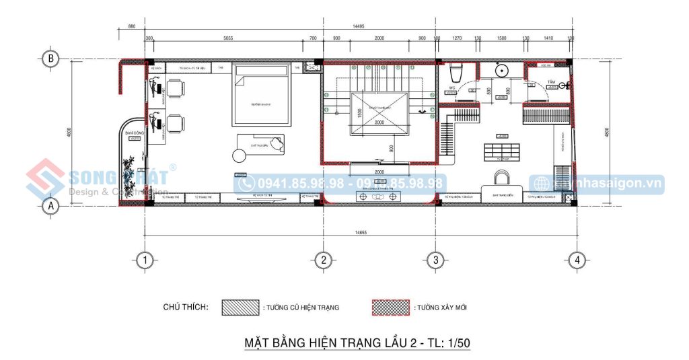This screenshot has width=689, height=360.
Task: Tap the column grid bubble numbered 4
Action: tap(576, 259)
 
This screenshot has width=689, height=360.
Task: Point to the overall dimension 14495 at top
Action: tap(358, 26)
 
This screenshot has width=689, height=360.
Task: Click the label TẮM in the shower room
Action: tap(551, 81)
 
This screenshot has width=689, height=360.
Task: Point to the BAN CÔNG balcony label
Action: tap(133, 133)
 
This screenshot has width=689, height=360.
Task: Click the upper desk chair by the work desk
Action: tap(176, 88)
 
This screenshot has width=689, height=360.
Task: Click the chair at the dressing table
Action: tap(501, 178)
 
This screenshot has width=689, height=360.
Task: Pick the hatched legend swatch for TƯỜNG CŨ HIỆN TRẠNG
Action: tap(240, 307)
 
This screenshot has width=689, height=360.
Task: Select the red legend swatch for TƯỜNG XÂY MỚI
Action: tap(390, 307)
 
